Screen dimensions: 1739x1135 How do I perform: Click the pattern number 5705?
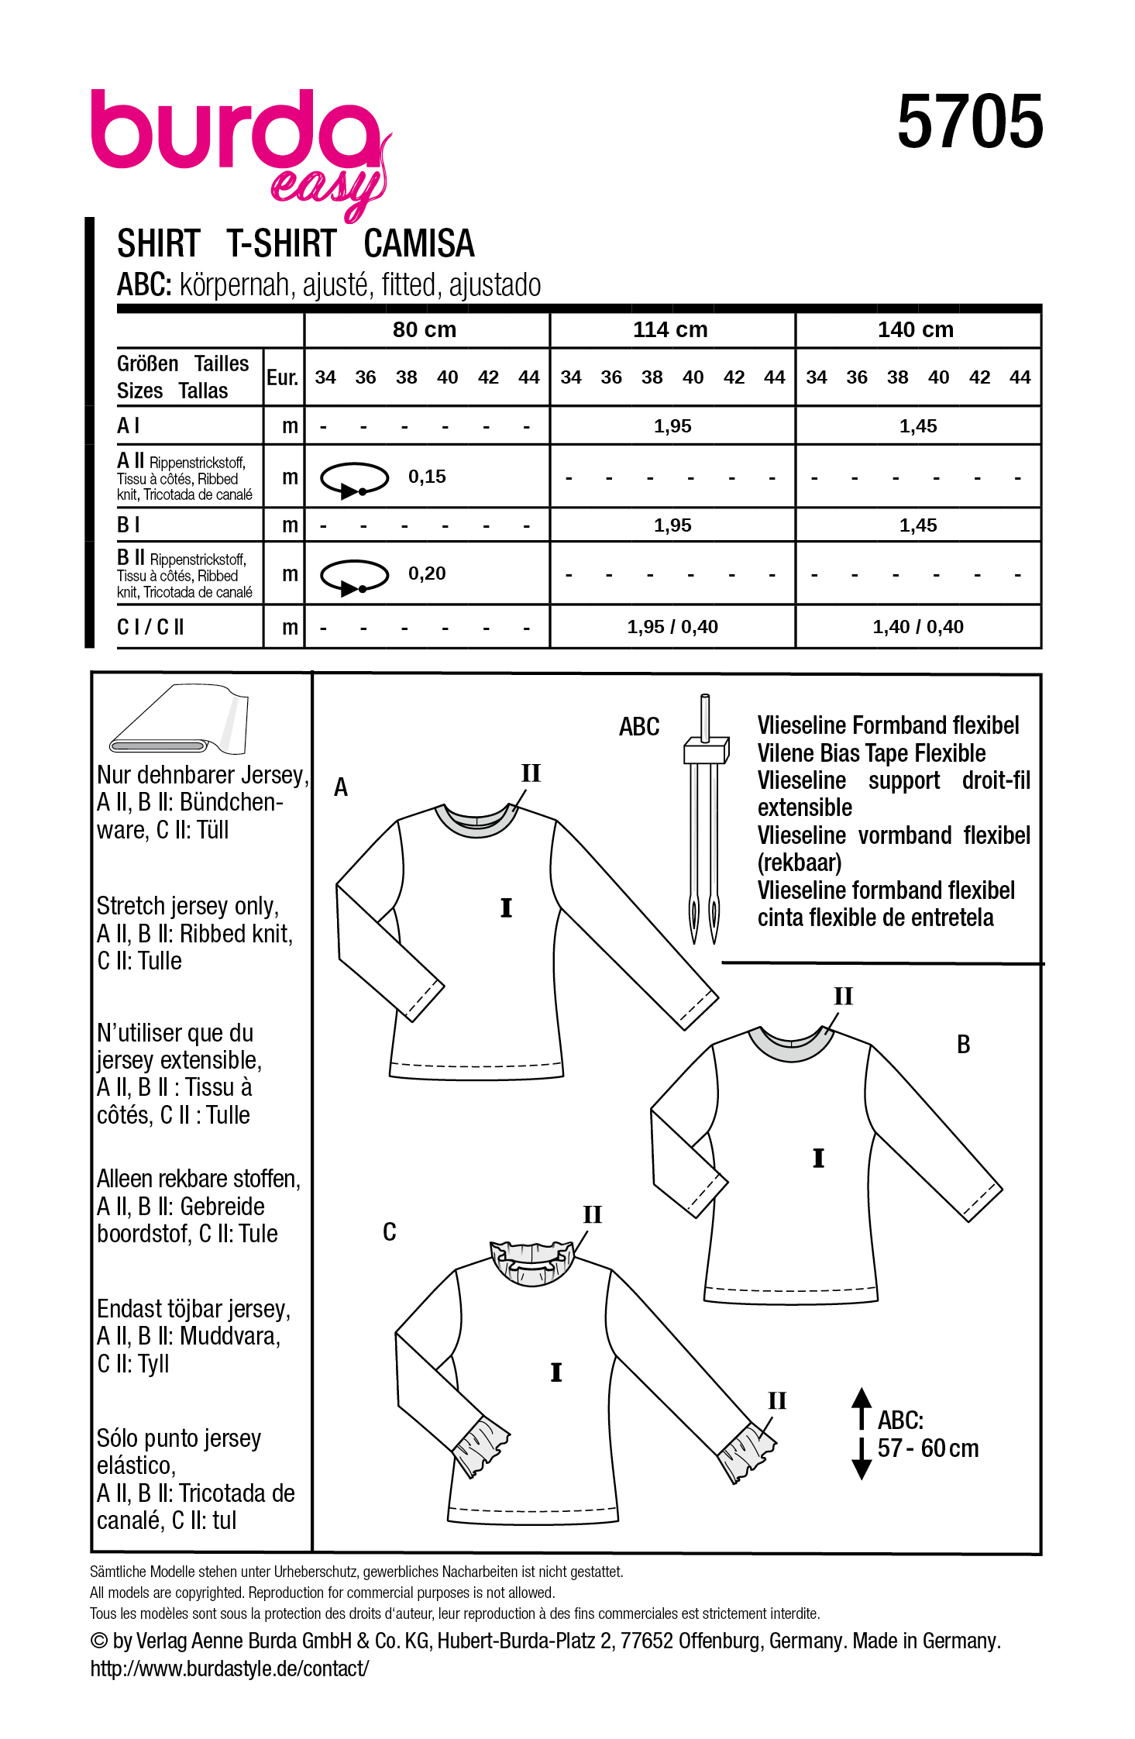(970, 122)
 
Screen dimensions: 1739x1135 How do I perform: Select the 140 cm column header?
(916, 330)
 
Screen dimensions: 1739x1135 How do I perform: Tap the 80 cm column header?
(425, 330)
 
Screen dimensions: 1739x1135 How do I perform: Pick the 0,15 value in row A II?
(427, 477)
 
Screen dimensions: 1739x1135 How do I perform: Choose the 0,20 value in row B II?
(427, 573)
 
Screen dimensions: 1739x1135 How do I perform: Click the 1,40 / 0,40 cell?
(918, 627)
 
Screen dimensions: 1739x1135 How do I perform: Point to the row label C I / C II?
(150, 627)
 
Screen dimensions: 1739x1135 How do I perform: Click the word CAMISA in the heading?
(418, 244)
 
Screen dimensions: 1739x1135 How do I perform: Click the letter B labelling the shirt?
(963, 1045)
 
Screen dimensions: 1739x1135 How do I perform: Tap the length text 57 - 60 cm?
(927, 1448)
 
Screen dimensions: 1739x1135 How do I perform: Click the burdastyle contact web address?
(229, 1668)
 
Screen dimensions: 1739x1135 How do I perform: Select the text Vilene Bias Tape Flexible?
(871, 753)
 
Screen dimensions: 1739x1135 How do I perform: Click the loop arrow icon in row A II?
(354, 479)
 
